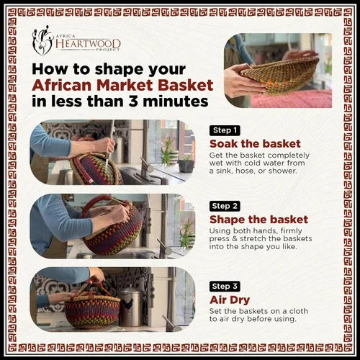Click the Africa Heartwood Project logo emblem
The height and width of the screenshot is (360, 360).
tap(42, 40)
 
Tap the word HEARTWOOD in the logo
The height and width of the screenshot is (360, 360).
tap(88, 44)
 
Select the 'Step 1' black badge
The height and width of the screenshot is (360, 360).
tap(225, 130)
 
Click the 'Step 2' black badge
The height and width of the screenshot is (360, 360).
tap(225, 206)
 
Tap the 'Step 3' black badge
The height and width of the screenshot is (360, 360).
tap(225, 287)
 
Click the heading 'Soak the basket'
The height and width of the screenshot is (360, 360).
tap(255, 144)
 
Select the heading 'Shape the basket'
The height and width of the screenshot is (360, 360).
tap(258, 220)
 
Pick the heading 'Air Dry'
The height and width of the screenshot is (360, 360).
tap(230, 300)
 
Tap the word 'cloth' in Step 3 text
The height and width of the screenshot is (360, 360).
tap(299, 311)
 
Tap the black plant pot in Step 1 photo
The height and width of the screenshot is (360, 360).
tap(186, 166)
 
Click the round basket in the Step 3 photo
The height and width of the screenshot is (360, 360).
tap(92, 312)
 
